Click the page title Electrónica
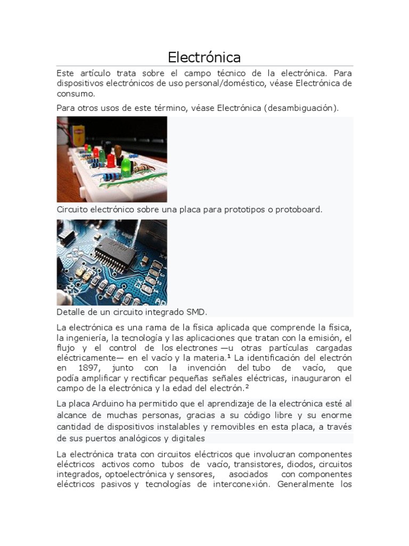[204, 57]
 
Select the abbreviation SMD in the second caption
[197, 312]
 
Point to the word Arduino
[100, 404]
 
